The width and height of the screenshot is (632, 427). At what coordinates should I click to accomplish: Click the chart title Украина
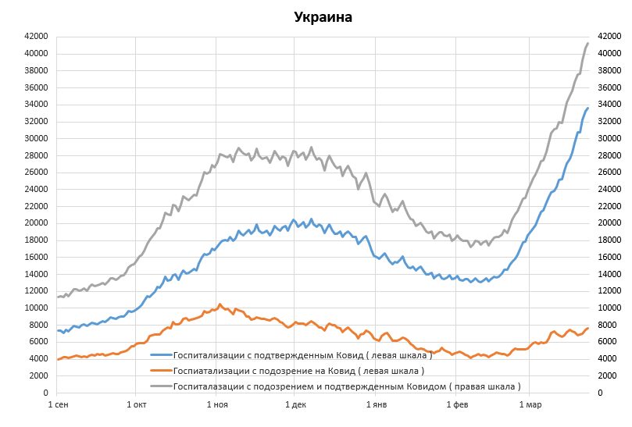tap(323, 17)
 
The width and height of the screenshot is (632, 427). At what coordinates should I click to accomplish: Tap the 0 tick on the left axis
tap(48, 393)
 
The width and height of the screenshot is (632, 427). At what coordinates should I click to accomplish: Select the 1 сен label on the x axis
tap(58, 404)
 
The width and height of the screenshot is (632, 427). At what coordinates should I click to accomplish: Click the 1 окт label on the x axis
tap(136, 404)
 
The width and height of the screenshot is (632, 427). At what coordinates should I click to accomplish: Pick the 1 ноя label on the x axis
tap(218, 404)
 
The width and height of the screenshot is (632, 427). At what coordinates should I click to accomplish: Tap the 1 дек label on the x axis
tap(296, 404)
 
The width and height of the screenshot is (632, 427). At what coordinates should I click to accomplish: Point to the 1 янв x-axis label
tap(377, 404)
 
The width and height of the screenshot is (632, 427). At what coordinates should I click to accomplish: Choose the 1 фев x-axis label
tap(458, 404)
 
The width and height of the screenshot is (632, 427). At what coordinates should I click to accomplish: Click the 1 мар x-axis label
tap(530, 404)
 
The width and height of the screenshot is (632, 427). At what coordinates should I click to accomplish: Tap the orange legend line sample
tap(160, 370)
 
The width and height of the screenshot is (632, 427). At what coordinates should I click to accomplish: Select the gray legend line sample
tap(160, 386)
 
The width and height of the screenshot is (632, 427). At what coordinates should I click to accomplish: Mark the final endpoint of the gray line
tap(587, 43)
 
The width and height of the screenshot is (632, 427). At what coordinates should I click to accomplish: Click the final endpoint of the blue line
tap(587, 108)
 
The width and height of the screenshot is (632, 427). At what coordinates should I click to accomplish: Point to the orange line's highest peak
tap(220, 304)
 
